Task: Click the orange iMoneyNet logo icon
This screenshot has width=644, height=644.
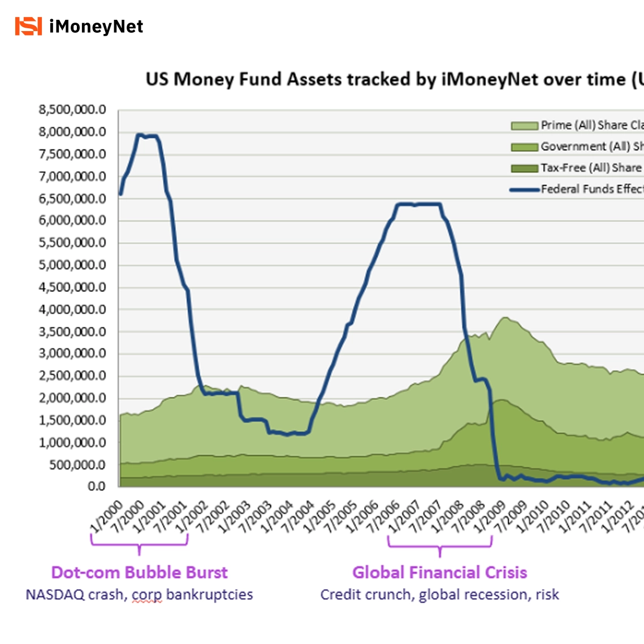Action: pyautogui.click(x=28, y=26)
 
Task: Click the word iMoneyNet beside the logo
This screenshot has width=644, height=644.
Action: pyautogui.click(x=96, y=27)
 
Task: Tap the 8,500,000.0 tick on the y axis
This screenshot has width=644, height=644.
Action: pyautogui.click(x=72, y=110)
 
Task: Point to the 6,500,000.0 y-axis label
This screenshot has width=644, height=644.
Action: pyautogui.click(x=72, y=198)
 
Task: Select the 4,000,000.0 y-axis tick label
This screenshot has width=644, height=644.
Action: pyautogui.click(x=72, y=309)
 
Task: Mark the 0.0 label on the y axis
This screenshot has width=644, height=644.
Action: pyautogui.click(x=97, y=486)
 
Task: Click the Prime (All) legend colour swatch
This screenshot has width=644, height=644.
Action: pyautogui.click(x=524, y=126)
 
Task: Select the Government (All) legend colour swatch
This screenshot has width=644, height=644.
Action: pyautogui.click(x=524, y=147)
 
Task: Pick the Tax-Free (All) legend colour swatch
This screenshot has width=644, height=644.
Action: pyautogui.click(x=524, y=168)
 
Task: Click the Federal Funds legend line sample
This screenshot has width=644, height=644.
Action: pyautogui.click(x=524, y=190)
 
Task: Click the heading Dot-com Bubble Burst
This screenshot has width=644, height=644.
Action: pyautogui.click(x=139, y=572)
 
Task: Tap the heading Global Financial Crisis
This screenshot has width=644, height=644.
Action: pyautogui.click(x=439, y=572)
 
